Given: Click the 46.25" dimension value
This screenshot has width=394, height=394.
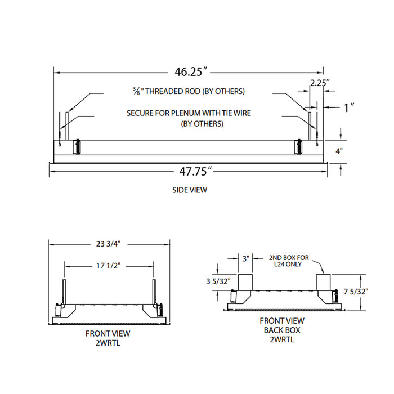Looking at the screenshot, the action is point(192,72).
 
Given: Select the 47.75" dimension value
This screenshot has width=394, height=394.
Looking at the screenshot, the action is point(196,171).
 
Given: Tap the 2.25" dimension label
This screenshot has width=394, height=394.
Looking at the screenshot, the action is point(320,83).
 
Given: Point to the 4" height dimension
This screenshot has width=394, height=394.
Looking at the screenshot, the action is point(339,151).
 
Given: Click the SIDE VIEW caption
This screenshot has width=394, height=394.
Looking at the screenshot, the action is point(190,190).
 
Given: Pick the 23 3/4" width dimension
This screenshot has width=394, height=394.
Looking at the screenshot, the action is point(108,244).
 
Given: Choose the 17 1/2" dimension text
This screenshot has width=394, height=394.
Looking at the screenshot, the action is point(109,266).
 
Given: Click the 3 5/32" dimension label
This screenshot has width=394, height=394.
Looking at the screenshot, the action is point(218,281).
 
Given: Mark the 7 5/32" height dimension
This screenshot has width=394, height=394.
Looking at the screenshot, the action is point(356,292).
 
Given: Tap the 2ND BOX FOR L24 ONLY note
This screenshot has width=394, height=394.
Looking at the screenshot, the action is point(289,261).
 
